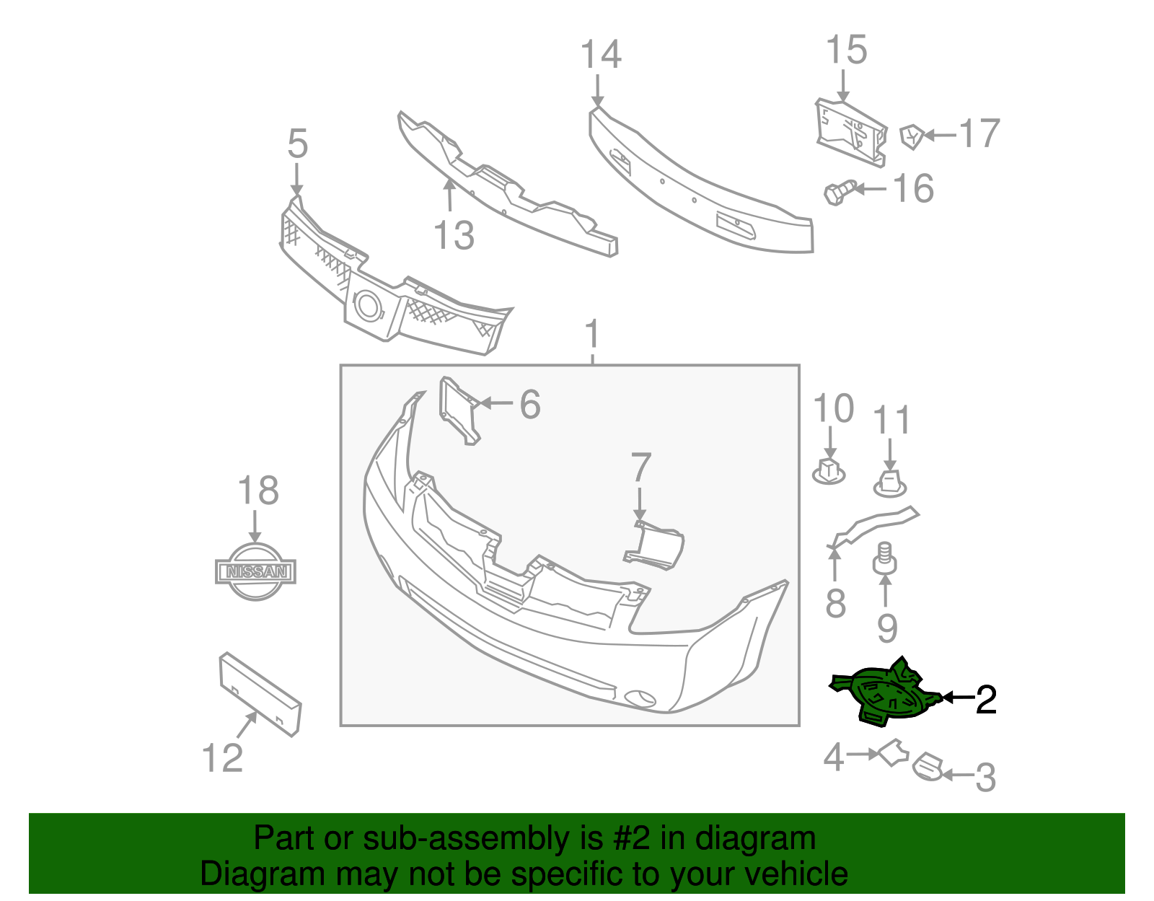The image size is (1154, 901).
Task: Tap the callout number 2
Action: coord(985,699)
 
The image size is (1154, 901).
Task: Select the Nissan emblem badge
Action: coord(255,571)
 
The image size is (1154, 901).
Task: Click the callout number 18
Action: coord(258,491)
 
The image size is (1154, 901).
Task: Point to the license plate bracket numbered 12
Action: coord(260,693)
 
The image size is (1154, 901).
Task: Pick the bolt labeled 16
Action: coord(839,193)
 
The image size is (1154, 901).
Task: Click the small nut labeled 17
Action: coord(912,135)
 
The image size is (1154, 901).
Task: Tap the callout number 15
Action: coord(846,50)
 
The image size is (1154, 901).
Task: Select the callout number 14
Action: coord(601,56)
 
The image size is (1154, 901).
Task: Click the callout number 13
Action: coord(454,236)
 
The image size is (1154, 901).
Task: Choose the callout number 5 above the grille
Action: coord(297,144)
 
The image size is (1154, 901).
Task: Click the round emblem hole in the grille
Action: coord(368,306)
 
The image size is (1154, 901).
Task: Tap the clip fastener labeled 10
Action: coord(829,470)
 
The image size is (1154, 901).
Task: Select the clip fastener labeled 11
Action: coord(891,483)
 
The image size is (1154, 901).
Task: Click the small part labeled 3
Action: coord(928,767)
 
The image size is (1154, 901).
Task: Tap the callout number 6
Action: coord(530,405)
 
